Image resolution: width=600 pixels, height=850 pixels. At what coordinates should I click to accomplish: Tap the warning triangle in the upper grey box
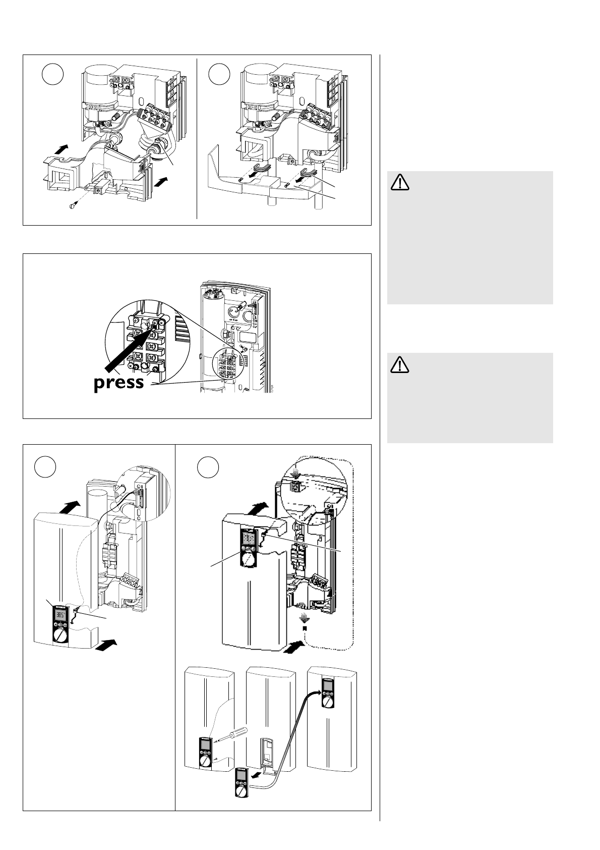399,182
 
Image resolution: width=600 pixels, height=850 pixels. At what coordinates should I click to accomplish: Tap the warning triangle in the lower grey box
399,364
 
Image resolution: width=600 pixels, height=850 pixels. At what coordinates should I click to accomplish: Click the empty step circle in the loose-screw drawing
52,75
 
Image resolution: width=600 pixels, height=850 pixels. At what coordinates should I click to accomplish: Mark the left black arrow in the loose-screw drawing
59,149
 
